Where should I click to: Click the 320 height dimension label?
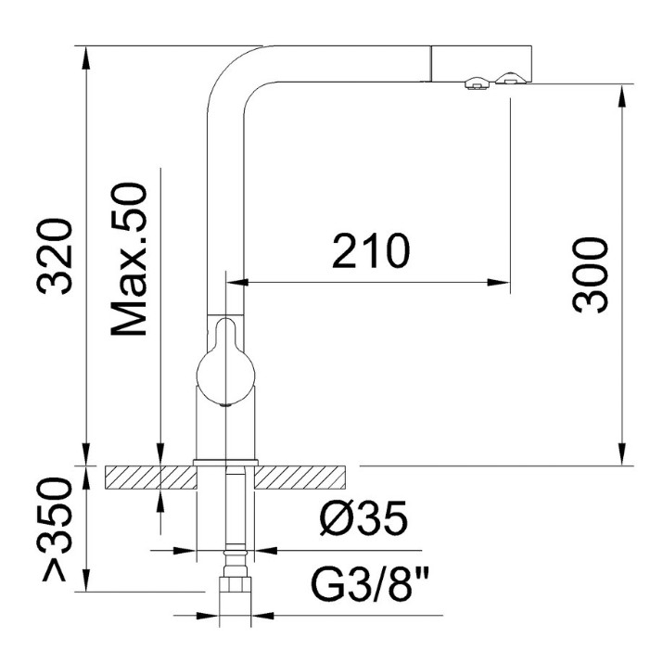55,257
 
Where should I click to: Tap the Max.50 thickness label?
129,260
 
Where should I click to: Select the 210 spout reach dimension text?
371,250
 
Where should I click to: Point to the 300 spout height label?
590,275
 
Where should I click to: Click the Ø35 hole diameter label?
363,518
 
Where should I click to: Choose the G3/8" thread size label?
369,584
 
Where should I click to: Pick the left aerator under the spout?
478,83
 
